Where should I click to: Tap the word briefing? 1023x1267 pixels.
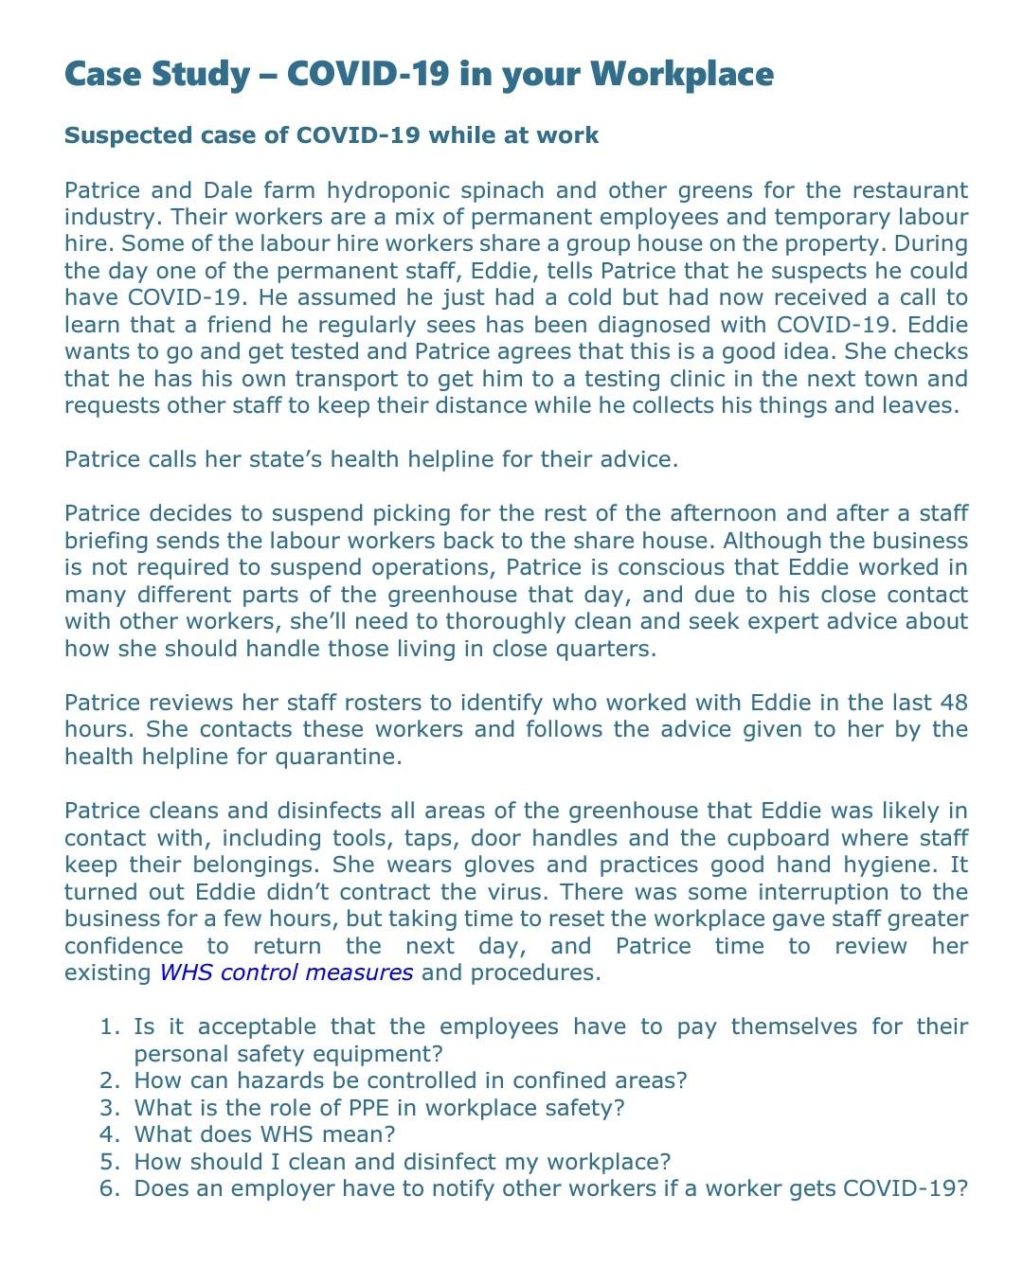[106, 541]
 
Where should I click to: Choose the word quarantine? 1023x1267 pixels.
[337, 757]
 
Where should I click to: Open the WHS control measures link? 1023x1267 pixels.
[286, 973]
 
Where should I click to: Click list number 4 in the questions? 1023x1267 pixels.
[111, 1134]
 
